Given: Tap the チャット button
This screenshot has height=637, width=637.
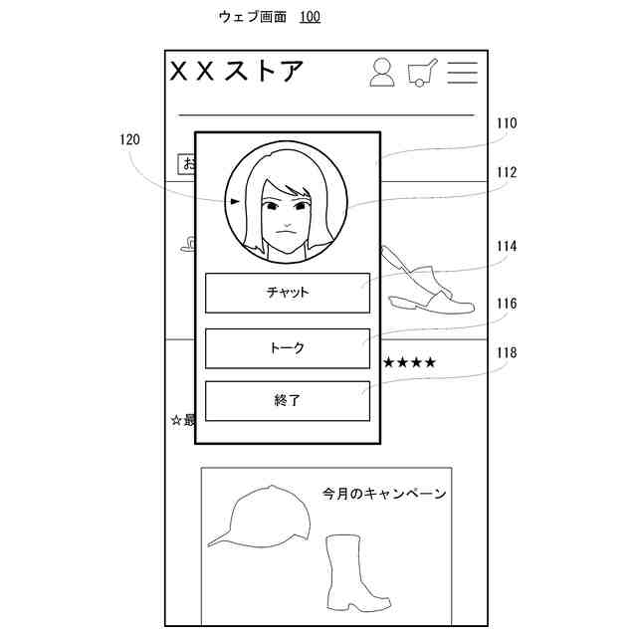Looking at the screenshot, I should pyautogui.click(x=287, y=293).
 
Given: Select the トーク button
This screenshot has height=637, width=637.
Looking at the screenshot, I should pyautogui.click(x=287, y=348).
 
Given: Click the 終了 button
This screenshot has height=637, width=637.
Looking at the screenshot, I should pyautogui.click(x=287, y=400).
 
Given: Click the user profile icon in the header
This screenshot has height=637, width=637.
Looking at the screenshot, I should pyautogui.click(x=382, y=72).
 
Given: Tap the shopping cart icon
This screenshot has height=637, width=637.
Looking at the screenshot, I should pyautogui.click(x=422, y=73).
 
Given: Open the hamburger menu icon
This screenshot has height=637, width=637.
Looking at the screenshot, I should pyautogui.click(x=462, y=72).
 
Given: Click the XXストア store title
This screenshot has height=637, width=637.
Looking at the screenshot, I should pyautogui.click(x=237, y=72).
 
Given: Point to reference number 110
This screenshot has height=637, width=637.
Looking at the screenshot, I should pyautogui.click(x=507, y=124).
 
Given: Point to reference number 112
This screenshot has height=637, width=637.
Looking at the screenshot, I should pyautogui.click(x=507, y=172).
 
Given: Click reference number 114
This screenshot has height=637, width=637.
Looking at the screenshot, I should pyautogui.click(x=507, y=246).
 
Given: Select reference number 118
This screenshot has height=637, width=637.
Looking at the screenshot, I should pyautogui.click(x=507, y=352).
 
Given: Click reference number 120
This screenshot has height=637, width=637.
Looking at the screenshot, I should pyautogui.click(x=129, y=140).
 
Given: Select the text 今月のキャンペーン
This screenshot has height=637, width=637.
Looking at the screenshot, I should pyautogui.click(x=383, y=494).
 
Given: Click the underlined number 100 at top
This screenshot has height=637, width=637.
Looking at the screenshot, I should pyautogui.click(x=310, y=17).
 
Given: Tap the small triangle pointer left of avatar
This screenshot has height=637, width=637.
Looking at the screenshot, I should pyautogui.click(x=235, y=201).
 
